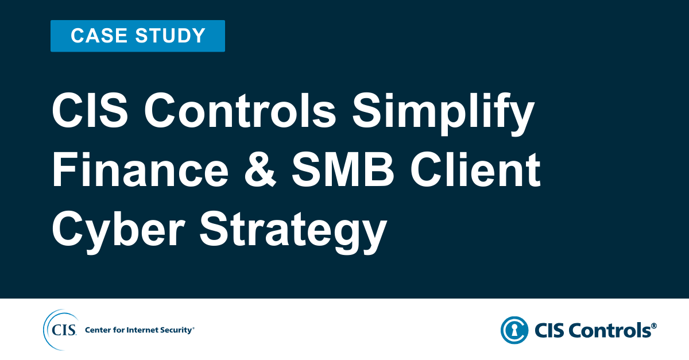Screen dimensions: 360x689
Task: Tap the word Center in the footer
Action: pos(98,330)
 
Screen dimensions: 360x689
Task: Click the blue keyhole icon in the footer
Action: pos(514,330)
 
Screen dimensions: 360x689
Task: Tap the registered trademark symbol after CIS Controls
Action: pos(654,326)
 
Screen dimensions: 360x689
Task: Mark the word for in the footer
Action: pos(118,330)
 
